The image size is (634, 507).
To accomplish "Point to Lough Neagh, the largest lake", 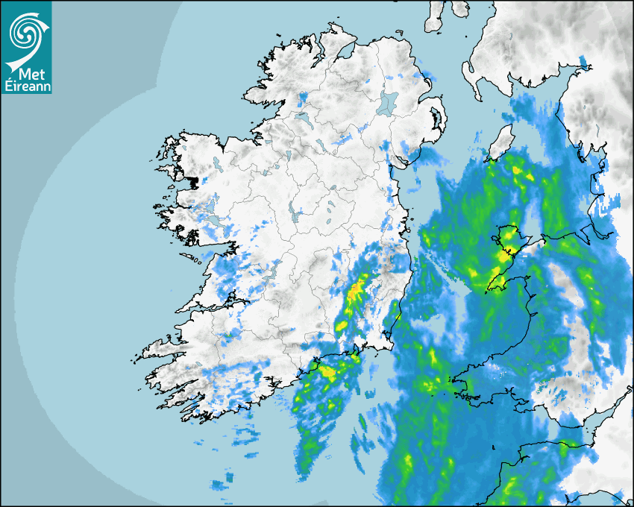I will pos(388,102).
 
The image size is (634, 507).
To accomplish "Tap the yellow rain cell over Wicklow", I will pos(359,286).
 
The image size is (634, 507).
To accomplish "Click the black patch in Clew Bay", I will pos(194,181).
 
